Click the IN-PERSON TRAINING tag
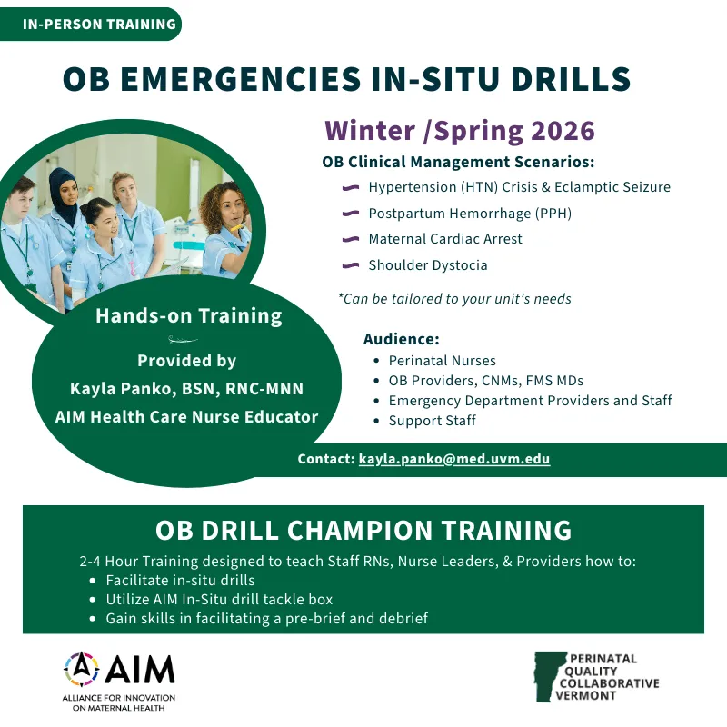99,24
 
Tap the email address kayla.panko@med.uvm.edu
453,459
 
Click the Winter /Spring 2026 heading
460,131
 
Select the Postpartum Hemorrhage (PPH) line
469,214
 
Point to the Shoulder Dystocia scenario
427,265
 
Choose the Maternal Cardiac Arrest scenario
445,239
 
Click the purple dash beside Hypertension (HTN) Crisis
350,188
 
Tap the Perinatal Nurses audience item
442,360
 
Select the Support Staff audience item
432,421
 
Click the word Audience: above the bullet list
401,339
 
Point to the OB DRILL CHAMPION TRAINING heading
363,530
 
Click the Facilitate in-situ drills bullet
180,580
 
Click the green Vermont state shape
547,676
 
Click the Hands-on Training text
189,316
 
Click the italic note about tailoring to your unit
454,298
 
